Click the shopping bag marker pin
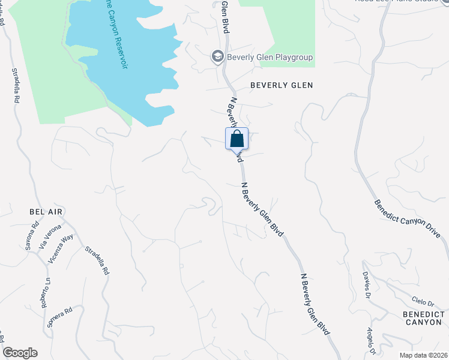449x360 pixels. (237, 139)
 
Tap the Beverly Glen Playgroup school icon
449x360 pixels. (217, 57)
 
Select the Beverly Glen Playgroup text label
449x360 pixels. (270, 58)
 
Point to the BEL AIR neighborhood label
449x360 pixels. (46, 212)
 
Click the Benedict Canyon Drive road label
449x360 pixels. (411, 220)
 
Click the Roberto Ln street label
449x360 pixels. (46, 293)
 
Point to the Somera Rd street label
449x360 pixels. (60, 318)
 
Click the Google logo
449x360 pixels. (20, 353)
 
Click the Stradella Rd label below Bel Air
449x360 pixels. (97, 260)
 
